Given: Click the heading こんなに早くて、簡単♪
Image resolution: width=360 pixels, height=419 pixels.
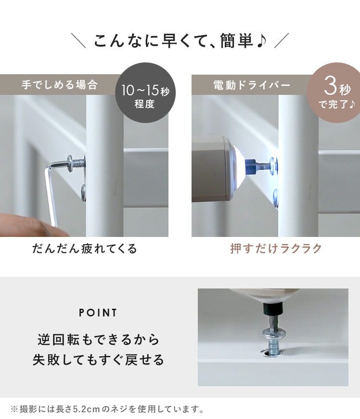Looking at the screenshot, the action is click(180, 41).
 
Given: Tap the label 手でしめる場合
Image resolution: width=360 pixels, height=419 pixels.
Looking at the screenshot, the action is click(60, 85).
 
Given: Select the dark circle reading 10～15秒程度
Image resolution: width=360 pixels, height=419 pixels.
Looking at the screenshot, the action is click(145, 93).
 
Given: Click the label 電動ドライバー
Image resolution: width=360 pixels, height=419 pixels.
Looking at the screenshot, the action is click(252, 85).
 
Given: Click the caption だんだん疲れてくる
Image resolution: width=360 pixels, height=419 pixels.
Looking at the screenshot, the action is click(84, 249).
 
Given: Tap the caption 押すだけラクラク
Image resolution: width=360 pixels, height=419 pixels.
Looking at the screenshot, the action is click(276, 249).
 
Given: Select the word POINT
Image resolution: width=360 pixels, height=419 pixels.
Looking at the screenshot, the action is click(98, 313).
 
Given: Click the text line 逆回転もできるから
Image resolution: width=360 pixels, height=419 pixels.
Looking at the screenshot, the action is click(98, 340).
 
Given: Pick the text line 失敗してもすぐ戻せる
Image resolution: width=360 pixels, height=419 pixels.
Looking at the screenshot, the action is click(98, 359).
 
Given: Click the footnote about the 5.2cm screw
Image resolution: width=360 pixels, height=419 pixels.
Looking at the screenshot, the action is click(107, 409).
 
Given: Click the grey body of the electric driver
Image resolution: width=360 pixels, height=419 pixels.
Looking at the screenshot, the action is click(214, 169).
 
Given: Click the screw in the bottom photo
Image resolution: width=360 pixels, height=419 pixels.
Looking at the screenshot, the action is click(273, 342).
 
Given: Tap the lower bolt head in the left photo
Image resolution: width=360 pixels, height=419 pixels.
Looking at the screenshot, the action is click(84, 193).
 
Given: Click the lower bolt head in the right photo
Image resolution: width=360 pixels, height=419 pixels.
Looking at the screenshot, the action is click(276, 198).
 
